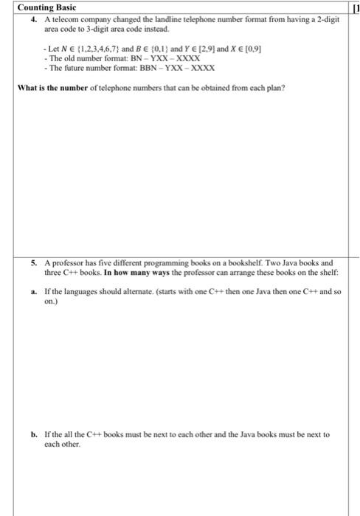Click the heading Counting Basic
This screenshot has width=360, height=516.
click(45, 7)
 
